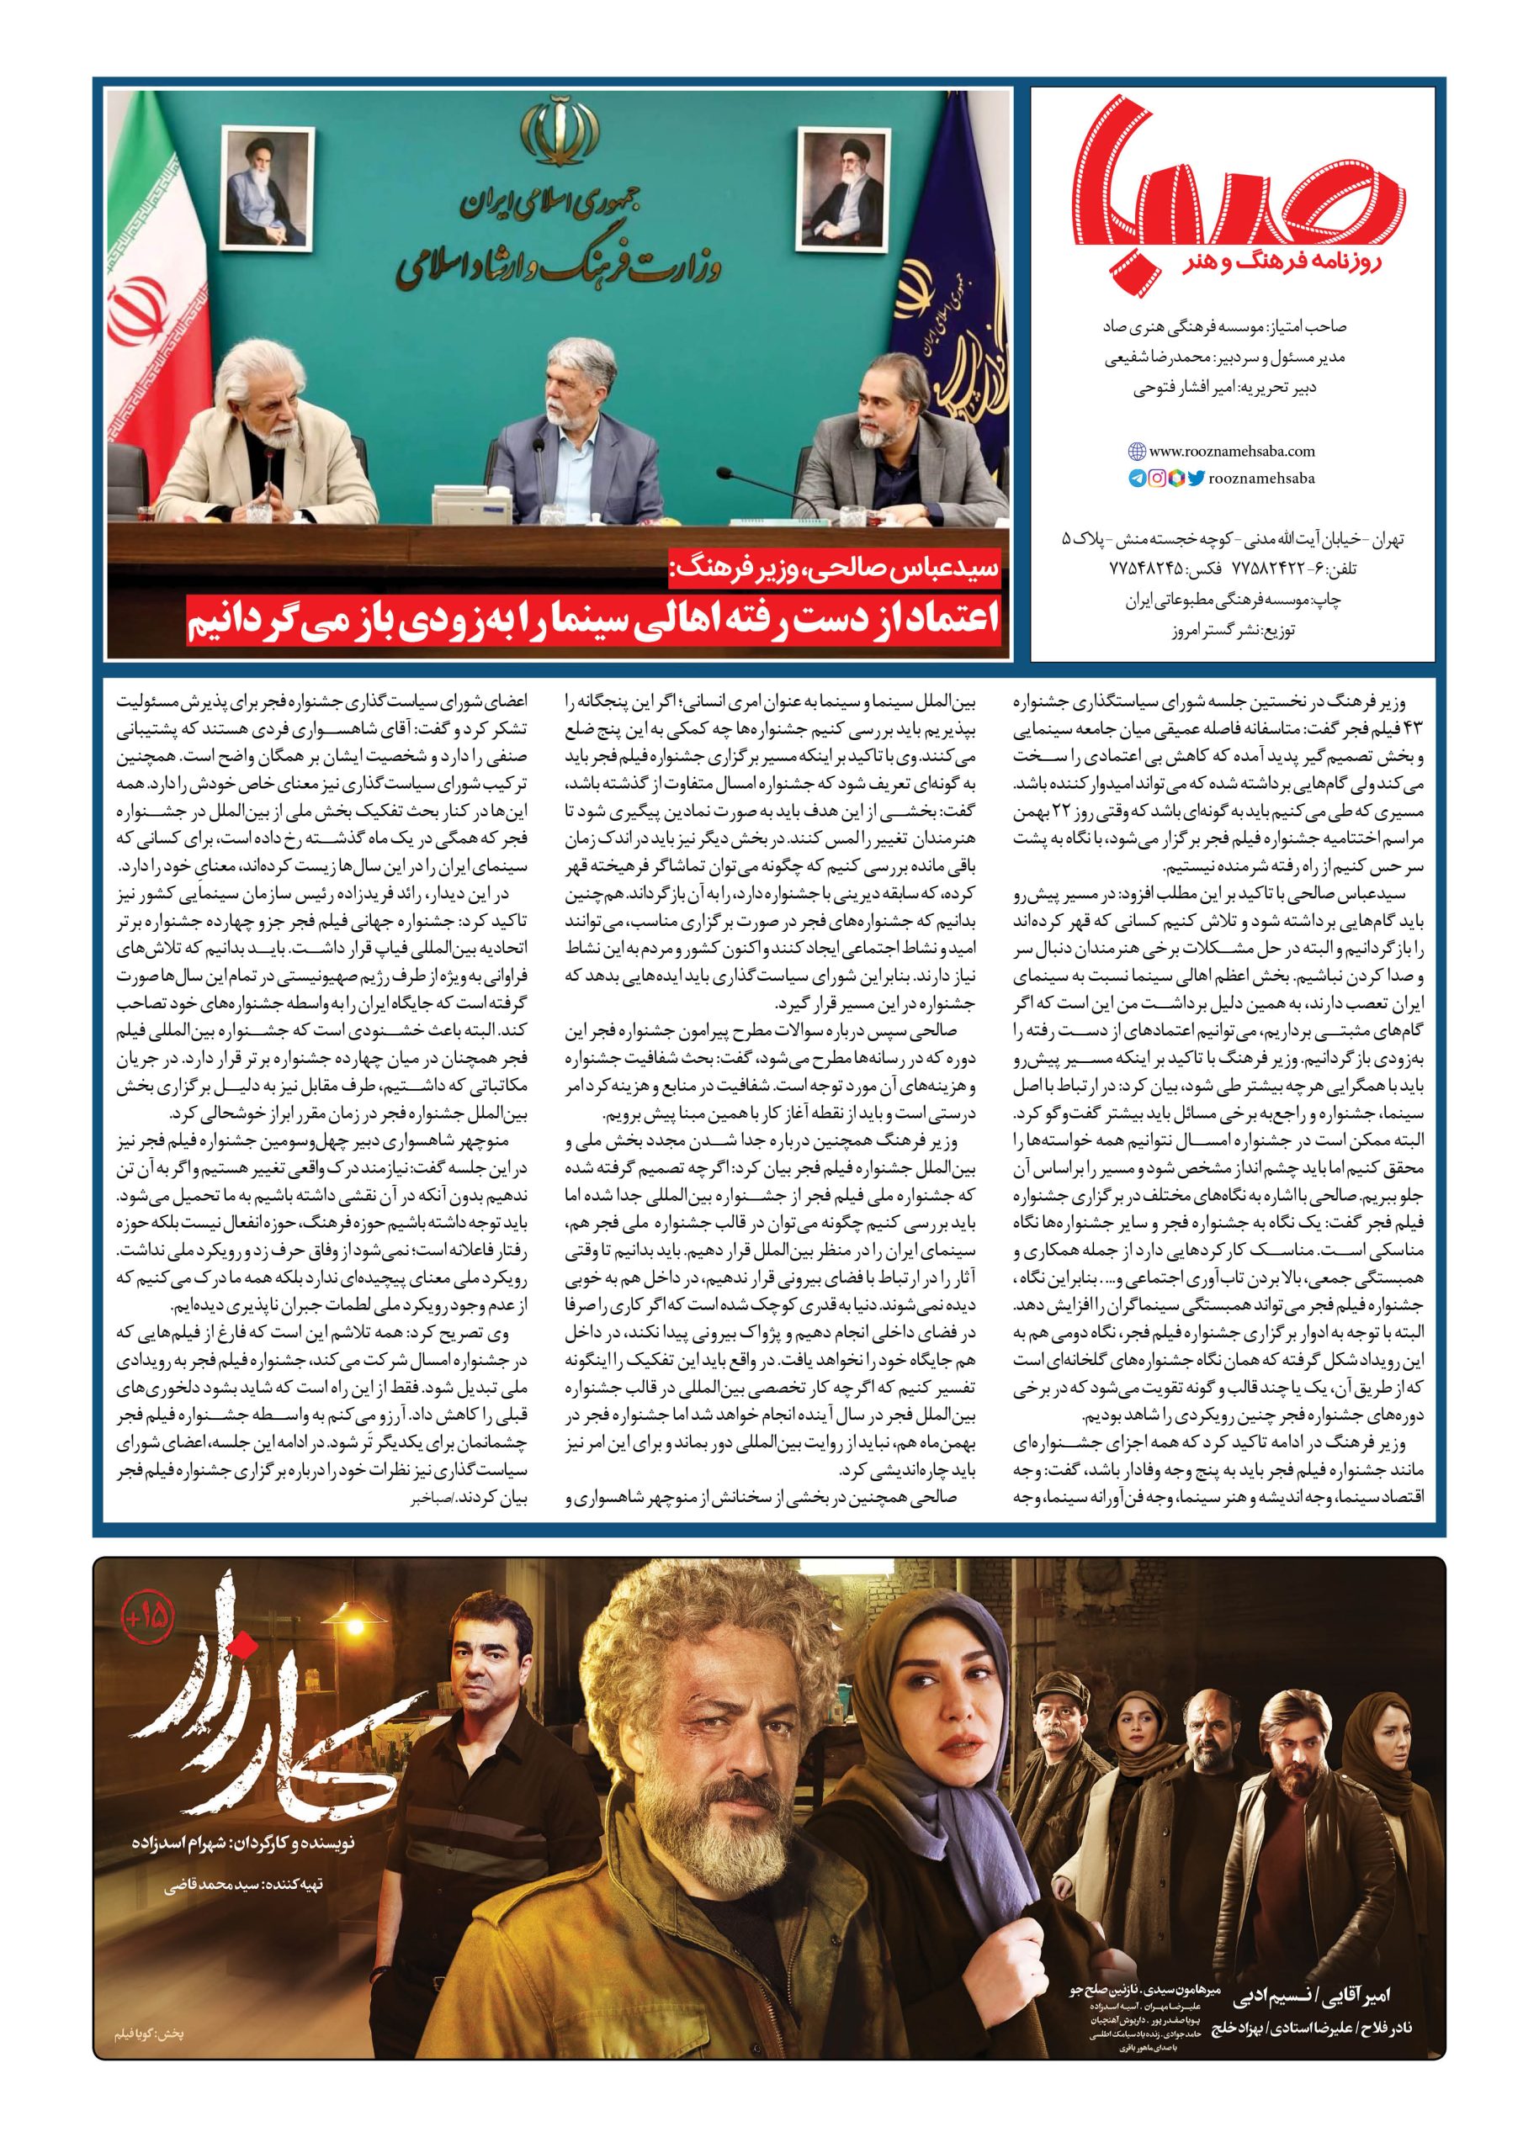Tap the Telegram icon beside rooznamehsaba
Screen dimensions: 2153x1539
(x=1136, y=479)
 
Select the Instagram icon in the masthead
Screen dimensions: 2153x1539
(x=1156, y=479)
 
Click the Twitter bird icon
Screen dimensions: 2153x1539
(x=1196, y=479)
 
